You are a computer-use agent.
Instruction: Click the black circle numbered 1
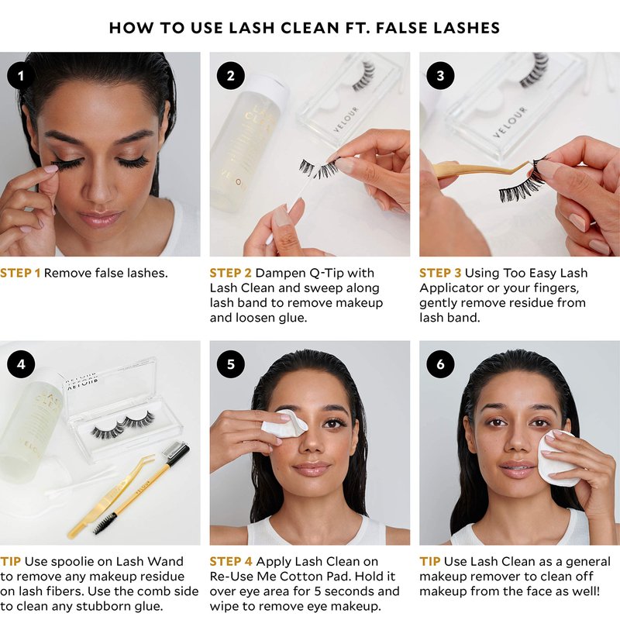pos(21,75)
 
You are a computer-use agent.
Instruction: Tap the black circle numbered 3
pos(440,75)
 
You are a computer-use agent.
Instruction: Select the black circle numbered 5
pos(230,364)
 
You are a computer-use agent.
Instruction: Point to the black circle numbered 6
pos(440,364)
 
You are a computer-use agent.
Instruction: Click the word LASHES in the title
pos(467,28)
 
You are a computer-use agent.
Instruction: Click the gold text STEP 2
pos(230,273)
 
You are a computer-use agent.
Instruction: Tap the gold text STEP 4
pos(231,561)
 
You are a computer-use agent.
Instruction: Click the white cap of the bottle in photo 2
pos(270,87)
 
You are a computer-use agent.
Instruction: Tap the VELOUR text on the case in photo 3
pos(510,122)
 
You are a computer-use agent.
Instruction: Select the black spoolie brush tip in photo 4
pos(105,523)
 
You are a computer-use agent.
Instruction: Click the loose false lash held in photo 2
pos(319,168)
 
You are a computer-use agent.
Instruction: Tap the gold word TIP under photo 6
pos(430,561)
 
